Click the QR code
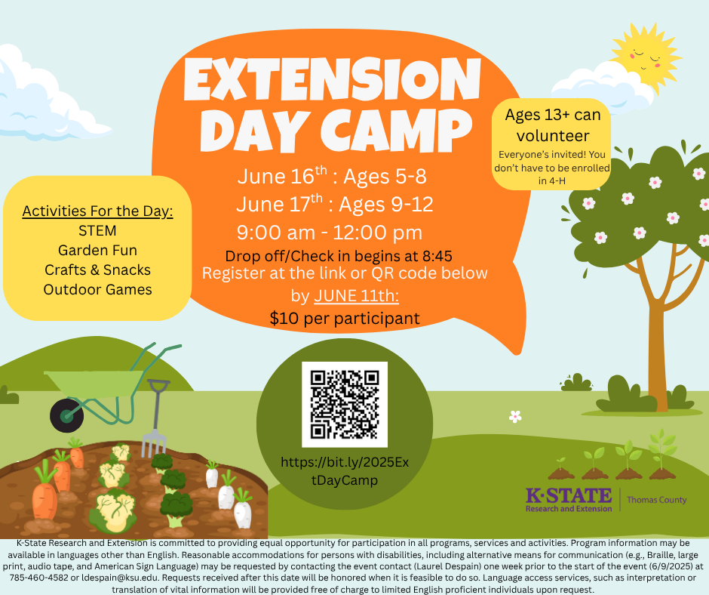(345, 405)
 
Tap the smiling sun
(645, 58)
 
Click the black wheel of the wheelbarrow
(67, 415)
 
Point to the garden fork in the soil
(155, 418)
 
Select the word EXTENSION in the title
(333, 80)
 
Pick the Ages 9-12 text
(386, 204)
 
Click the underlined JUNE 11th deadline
(356, 296)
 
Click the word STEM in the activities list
(97, 231)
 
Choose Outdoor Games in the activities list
(97, 290)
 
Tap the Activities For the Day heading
(97, 211)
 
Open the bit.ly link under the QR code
(345, 471)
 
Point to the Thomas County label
(656, 500)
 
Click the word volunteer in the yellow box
(553, 136)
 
